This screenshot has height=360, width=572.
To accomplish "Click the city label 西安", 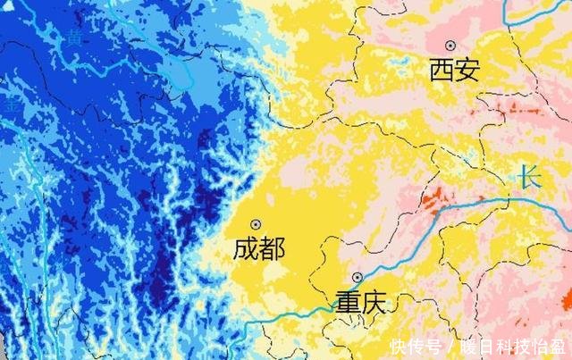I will (454, 70).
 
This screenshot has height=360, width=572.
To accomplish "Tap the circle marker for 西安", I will (451, 45).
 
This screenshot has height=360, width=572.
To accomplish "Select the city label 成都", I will (259, 248).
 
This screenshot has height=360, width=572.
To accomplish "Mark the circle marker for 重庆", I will (357, 277).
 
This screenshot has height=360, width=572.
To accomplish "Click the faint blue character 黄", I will (75, 37).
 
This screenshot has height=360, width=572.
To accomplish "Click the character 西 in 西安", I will (442, 70).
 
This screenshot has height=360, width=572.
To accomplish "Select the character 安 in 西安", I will (467, 70).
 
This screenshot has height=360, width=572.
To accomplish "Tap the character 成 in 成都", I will (246, 248).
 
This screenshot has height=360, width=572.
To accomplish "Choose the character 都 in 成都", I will (273, 248).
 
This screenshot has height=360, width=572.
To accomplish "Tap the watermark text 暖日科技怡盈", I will (513, 347).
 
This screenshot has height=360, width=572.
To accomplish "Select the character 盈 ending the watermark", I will (558, 347).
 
